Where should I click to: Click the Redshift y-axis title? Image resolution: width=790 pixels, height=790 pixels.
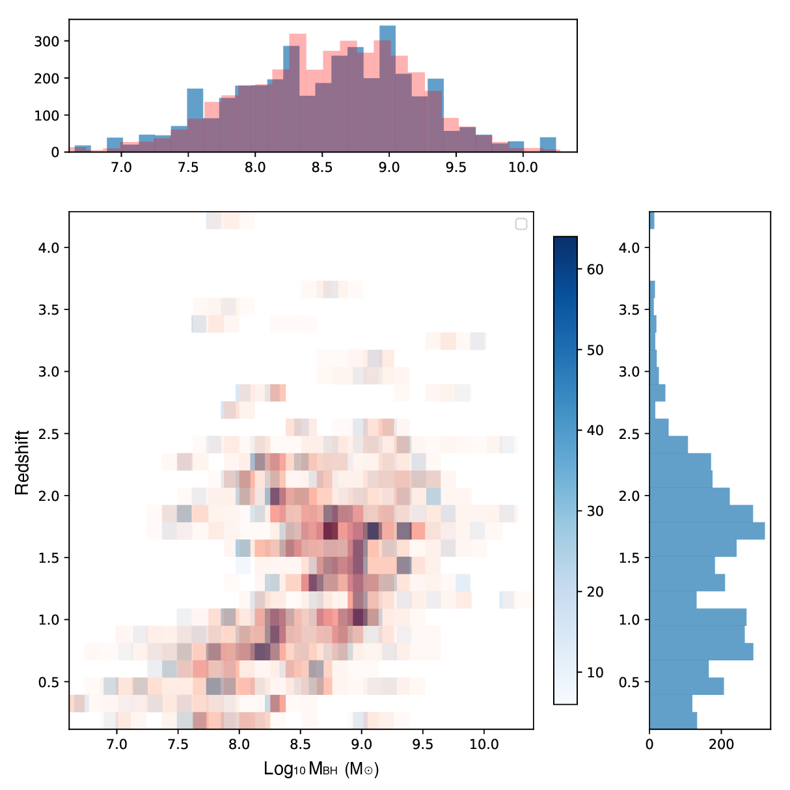tap(22, 462)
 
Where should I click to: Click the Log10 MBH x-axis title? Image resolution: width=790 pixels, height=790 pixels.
tap(321, 769)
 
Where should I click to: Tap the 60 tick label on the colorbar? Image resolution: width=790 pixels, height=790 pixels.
tap(595, 270)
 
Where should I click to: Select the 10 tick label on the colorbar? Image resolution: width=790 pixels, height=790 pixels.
tap(595, 673)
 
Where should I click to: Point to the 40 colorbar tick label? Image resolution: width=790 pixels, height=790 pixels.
tap(595, 430)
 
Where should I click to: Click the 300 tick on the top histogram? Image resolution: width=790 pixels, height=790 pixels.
tap(47, 41)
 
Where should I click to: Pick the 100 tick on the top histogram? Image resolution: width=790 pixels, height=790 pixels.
tap(47, 115)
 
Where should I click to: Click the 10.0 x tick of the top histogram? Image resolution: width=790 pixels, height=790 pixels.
tap(523, 167)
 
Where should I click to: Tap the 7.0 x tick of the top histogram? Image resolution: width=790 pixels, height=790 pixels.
tap(121, 167)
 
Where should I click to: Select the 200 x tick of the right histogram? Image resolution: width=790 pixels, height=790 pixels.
tap(721, 744)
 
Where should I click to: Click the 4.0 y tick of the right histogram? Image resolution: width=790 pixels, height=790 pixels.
tap(629, 247)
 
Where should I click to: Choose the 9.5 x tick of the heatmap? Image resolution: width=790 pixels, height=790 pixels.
tap(423, 744)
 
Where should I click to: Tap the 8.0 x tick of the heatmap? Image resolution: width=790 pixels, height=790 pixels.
tap(239, 744)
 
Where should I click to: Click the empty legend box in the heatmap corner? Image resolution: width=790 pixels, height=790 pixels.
tap(521, 224)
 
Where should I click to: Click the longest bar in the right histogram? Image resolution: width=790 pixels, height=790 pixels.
tap(707, 531)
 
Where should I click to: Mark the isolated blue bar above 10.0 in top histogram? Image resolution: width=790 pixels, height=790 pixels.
tap(548, 145)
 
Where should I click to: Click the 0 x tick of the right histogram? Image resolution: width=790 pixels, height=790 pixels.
tap(649, 744)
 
